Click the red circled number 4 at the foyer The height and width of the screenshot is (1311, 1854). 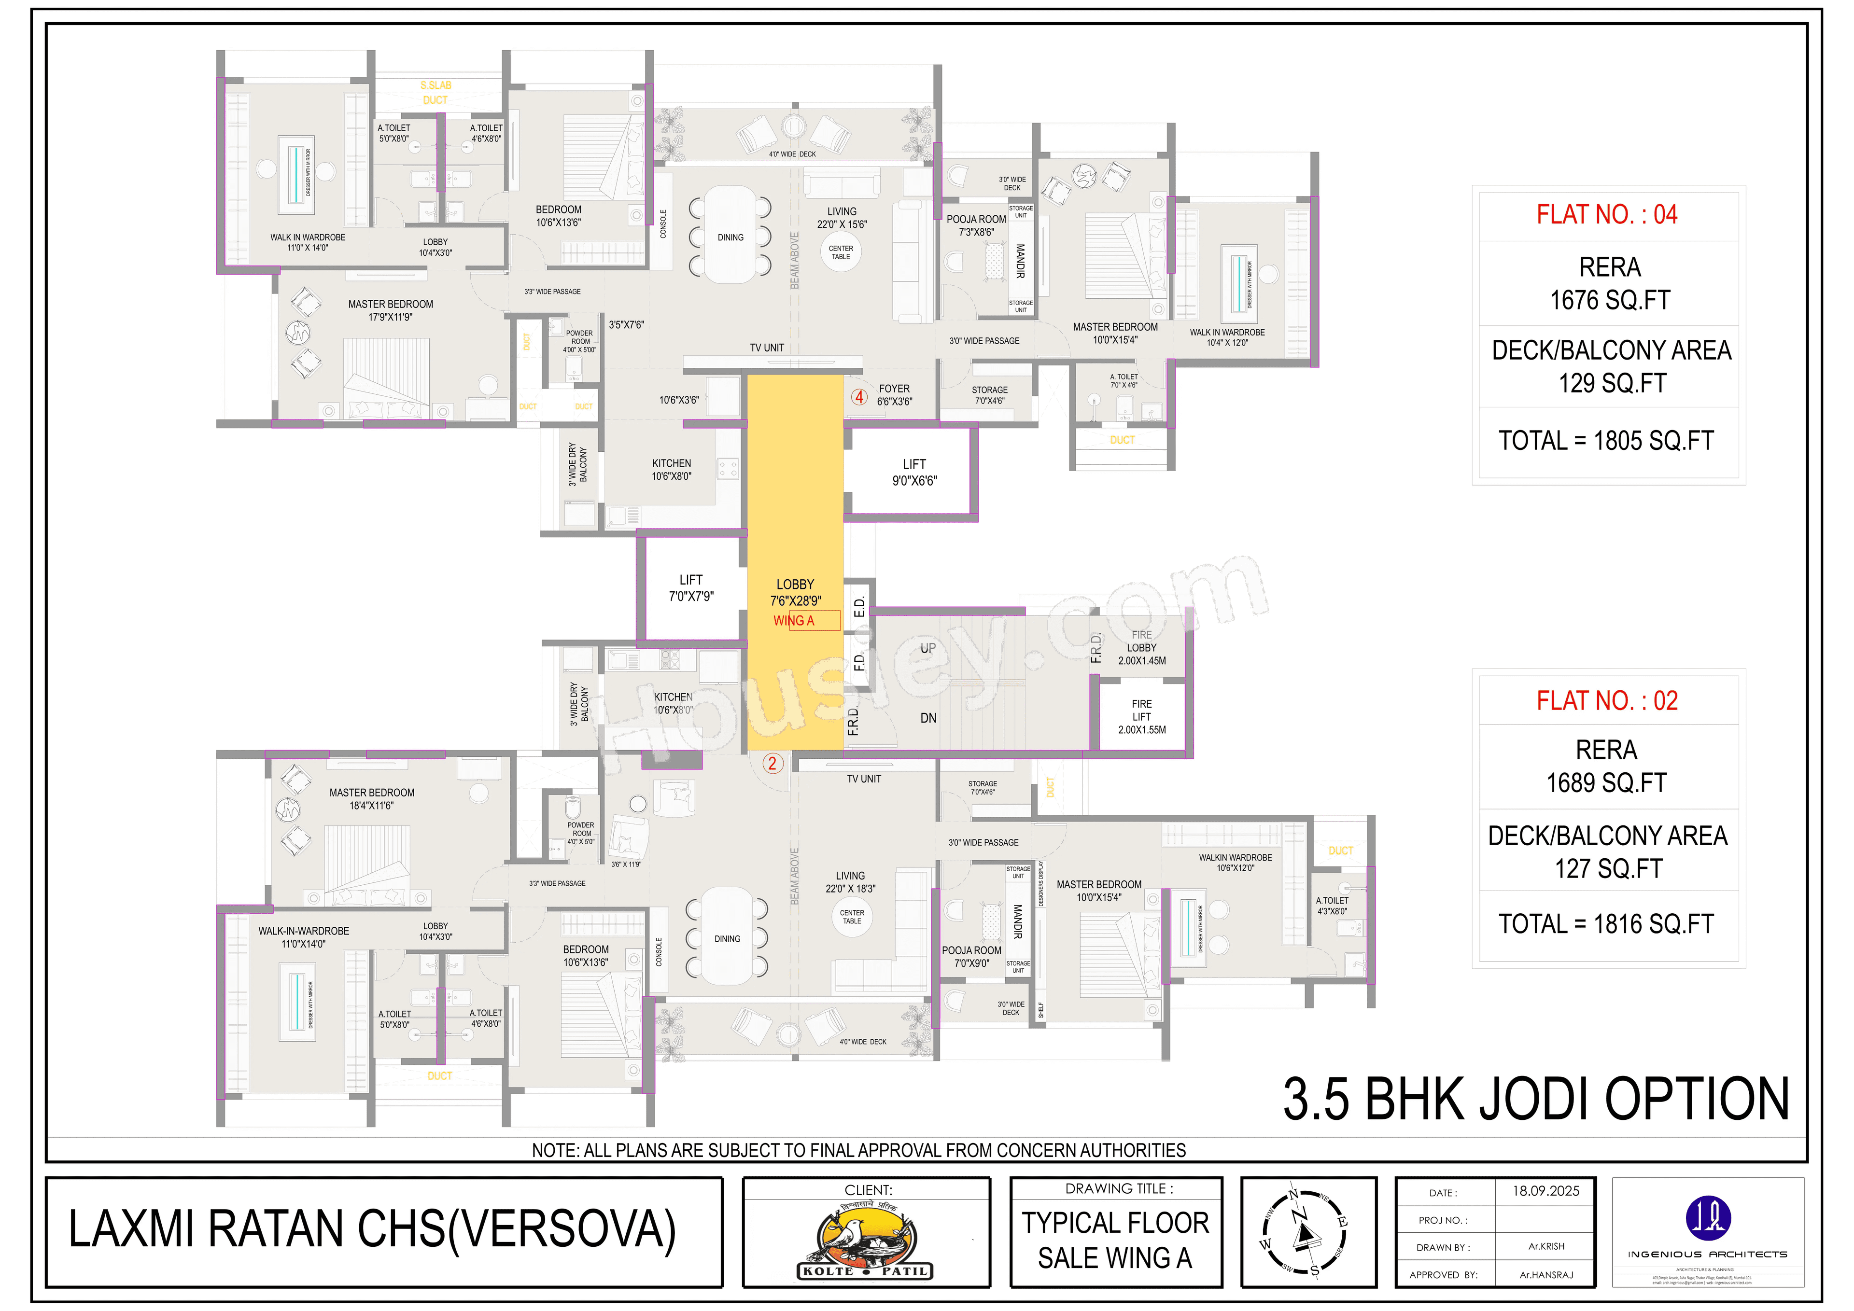pyautogui.click(x=859, y=396)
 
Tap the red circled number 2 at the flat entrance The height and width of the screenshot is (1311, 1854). pyautogui.click(x=772, y=763)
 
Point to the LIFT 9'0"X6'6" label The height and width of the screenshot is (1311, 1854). pyautogui.click(x=914, y=472)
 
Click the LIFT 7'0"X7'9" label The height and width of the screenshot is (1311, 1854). pyautogui.click(x=690, y=588)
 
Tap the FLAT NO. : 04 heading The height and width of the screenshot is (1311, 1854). pyautogui.click(x=1607, y=215)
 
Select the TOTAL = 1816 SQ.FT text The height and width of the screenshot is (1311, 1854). pyautogui.click(x=1606, y=923)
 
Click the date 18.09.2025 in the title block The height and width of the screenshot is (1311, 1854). pyautogui.click(x=1545, y=1191)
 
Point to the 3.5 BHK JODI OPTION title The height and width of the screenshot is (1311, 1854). pyautogui.click(x=1536, y=1100)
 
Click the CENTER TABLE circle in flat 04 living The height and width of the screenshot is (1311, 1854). pyautogui.click(x=841, y=252)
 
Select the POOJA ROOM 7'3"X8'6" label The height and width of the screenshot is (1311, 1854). pyautogui.click(x=976, y=225)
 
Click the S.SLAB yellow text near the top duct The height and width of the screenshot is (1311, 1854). pyautogui.click(x=435, y=85)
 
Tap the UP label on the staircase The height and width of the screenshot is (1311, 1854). pyautogui.click(x=928, y=648)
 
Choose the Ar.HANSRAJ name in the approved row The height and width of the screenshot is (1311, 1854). pyautogui.click(x=1546, y=1275)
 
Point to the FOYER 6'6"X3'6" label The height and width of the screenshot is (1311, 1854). pyautogui.click(x=894, y=395)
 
